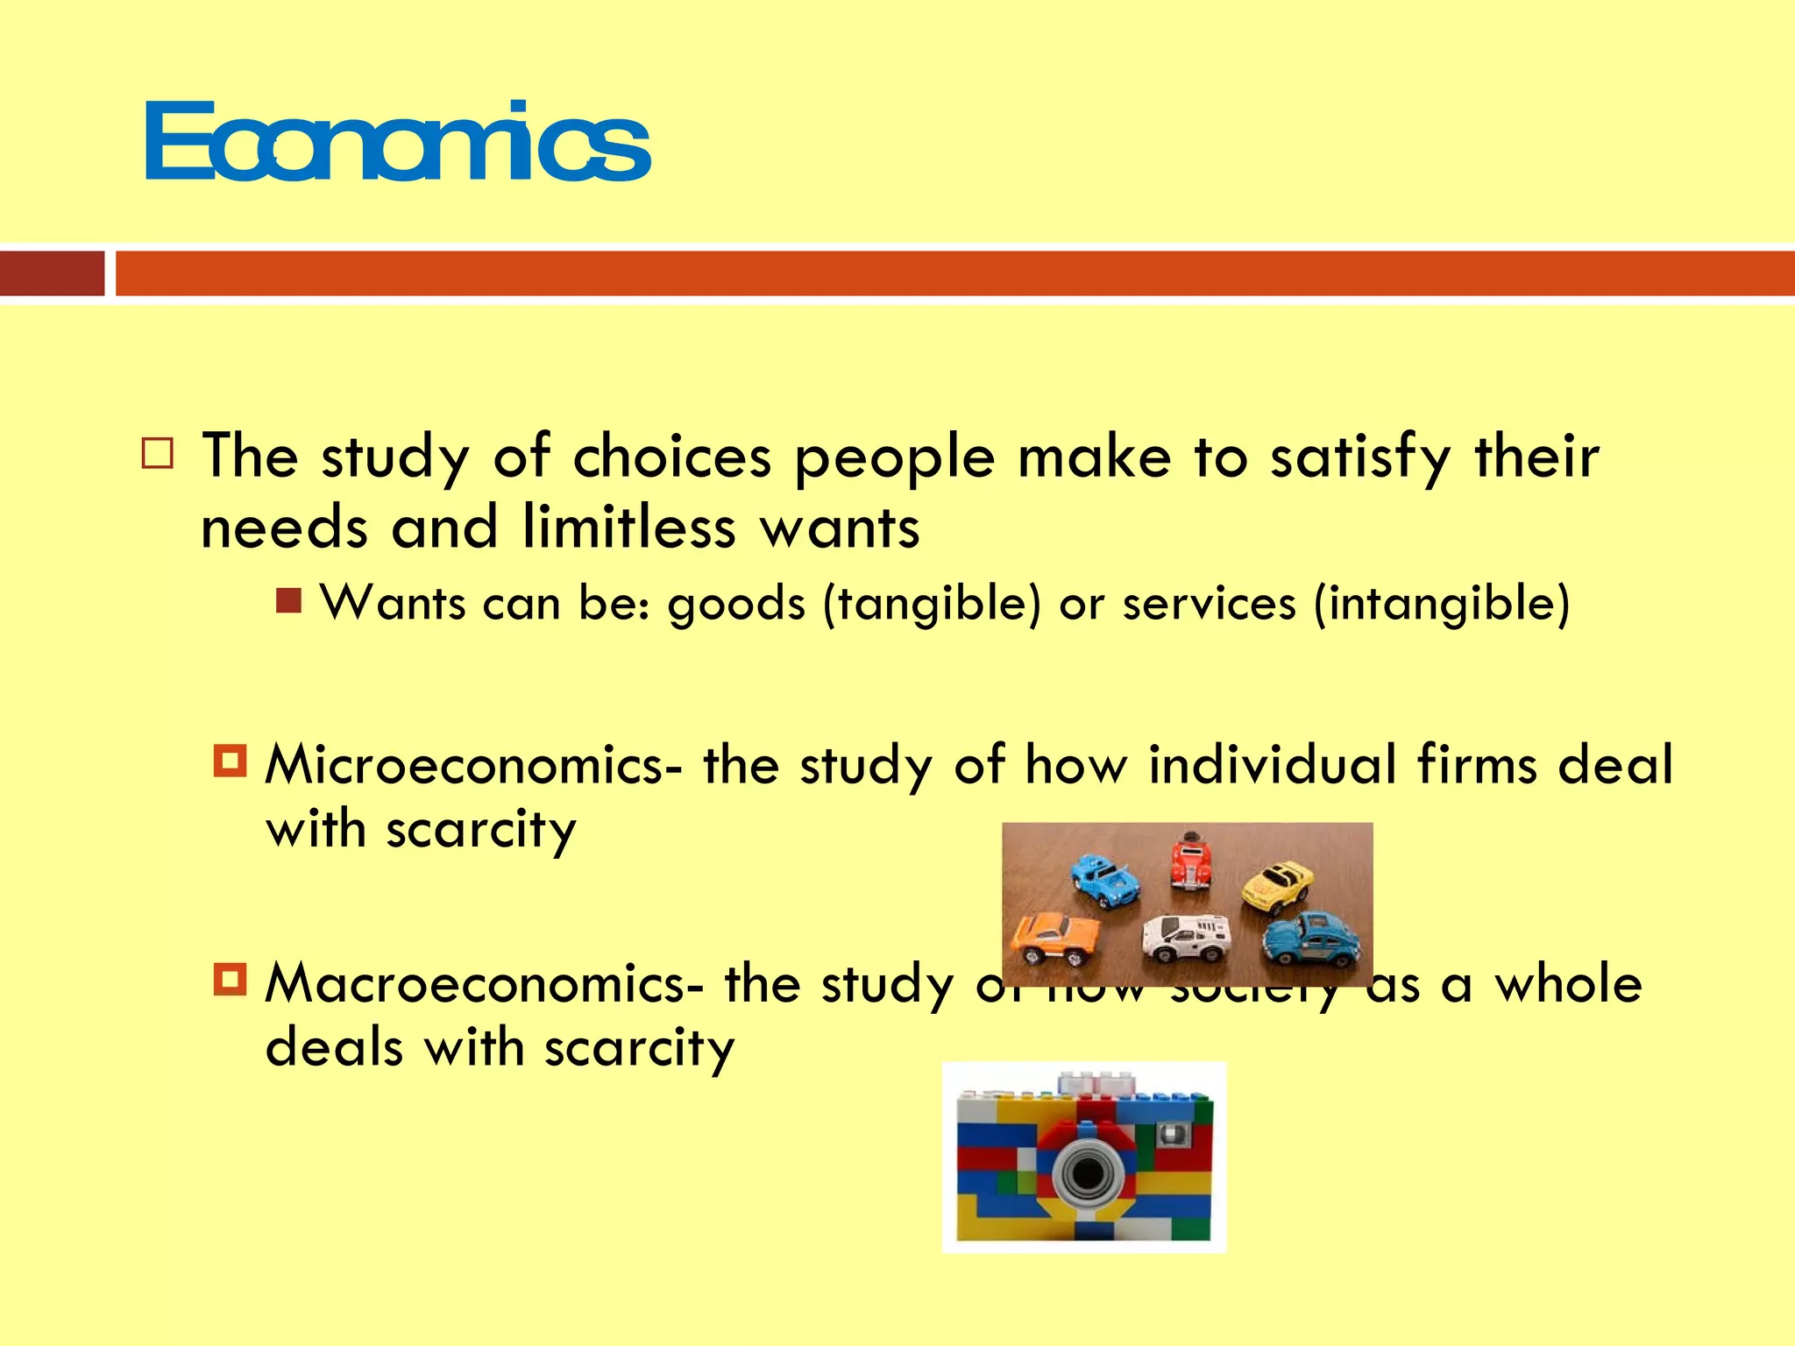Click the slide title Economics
click(x=398, y=142)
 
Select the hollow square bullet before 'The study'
click(x=158, y=454)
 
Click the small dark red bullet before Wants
click(x=288, y=601)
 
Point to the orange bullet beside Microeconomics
click(x=231, y=761)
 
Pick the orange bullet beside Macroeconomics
click(x=231, y=979)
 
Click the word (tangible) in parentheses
click(x=932, y=605)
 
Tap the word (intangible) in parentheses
click(x=1442, y=605)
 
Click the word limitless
click(x=628, y=528)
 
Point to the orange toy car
click(x=1054, y=936)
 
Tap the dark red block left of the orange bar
click(x=52, y=273)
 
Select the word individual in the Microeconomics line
click(x=1273, y=764)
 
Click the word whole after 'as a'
click(x=1568, y=983)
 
